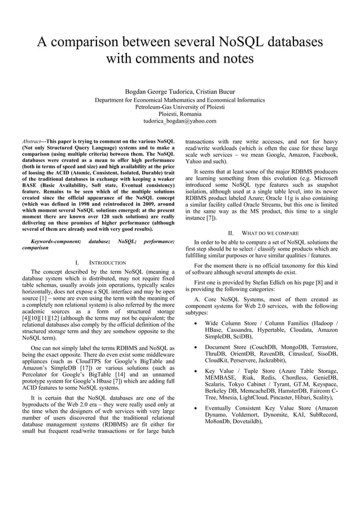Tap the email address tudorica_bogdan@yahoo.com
[x=180, y=121]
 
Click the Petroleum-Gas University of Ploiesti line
[x=180, y=107]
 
